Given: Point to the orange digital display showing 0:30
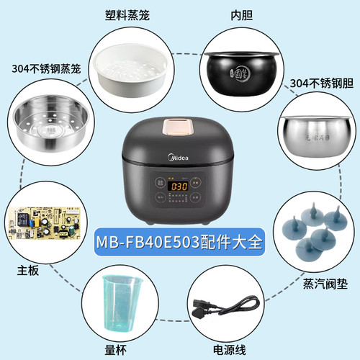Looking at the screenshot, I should coord(180,186).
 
